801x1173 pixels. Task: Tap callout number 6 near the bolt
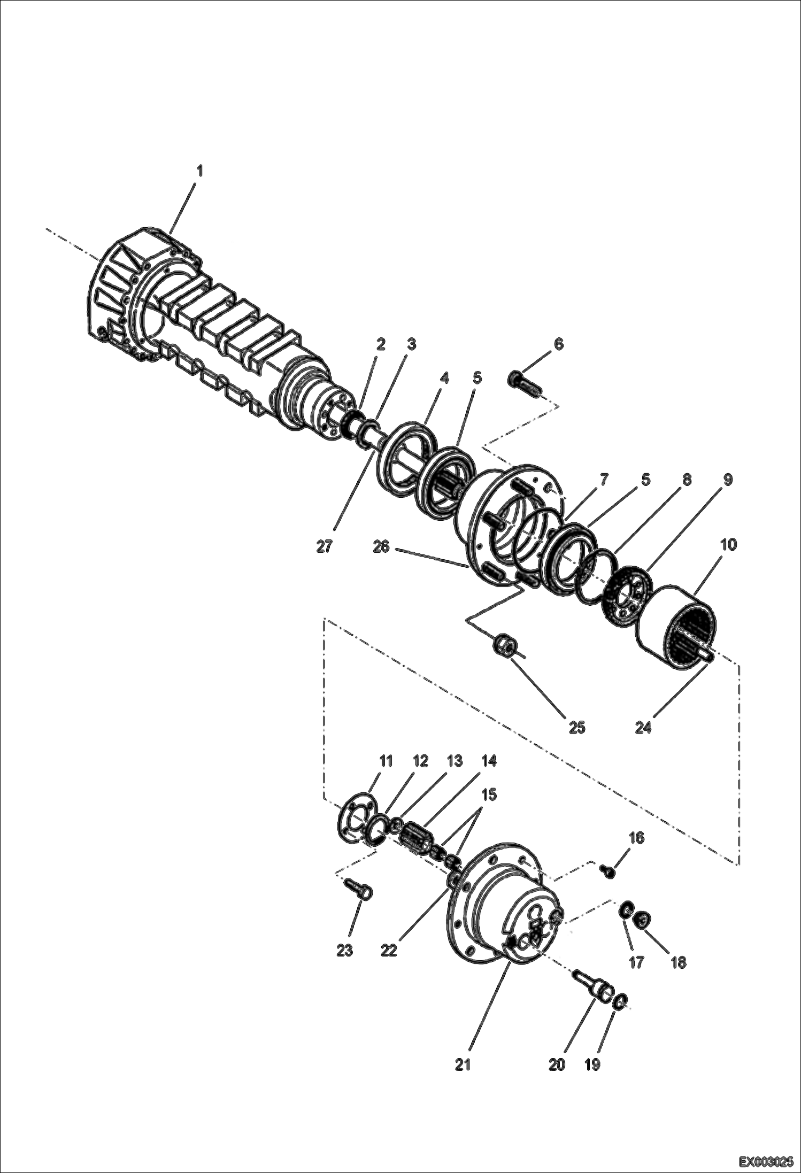(558, 344)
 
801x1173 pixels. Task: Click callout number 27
(324, 547)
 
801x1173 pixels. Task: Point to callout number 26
(381, 548)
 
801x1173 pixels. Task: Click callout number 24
(643, 728)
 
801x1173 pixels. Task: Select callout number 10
(728, 545)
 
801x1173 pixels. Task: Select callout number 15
(489, 794)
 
